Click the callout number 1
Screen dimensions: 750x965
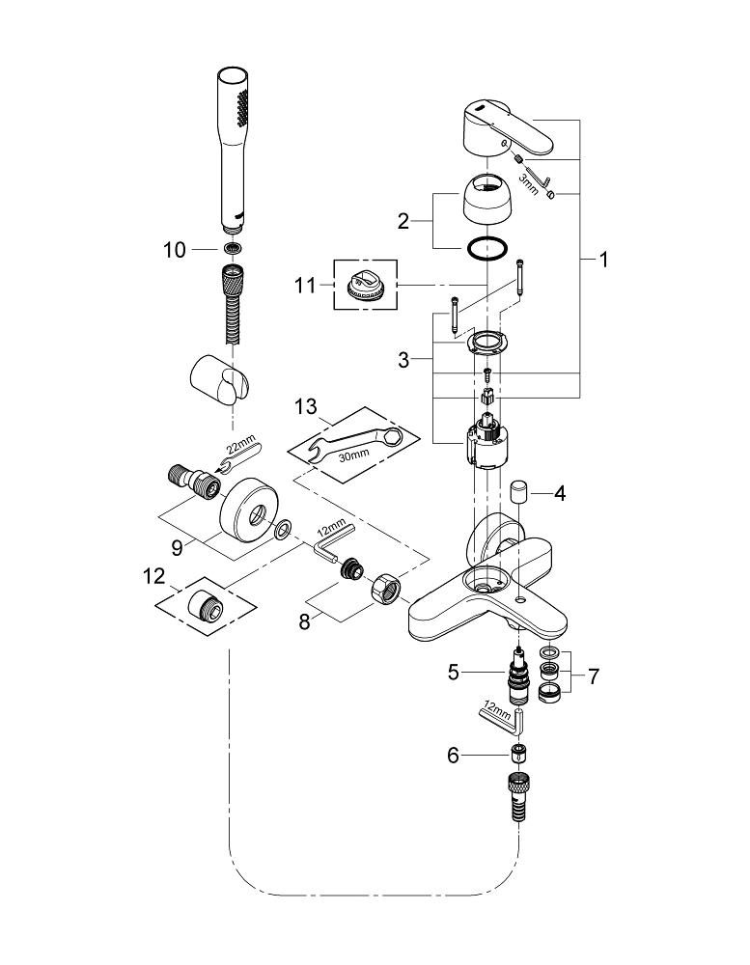point(604,260)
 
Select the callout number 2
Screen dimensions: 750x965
point(403,221)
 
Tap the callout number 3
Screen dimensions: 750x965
point(403,359)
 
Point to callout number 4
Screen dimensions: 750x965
point(559,493)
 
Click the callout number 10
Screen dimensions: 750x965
point(175,250)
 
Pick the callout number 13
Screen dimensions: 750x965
point(305,407)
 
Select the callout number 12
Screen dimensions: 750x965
point(153,576)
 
